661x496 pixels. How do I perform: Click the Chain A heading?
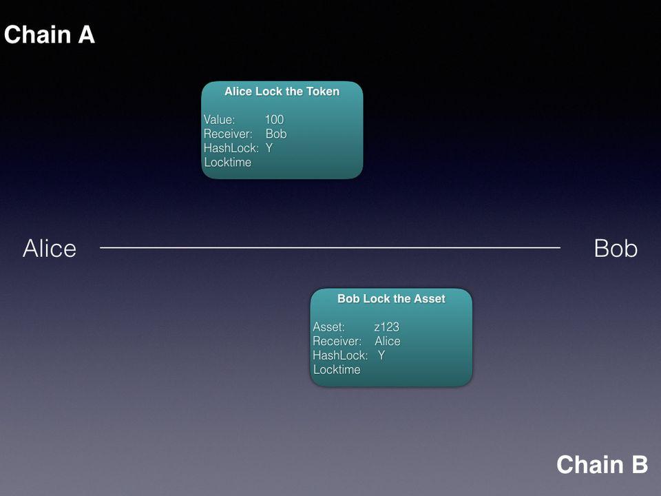point(50,34)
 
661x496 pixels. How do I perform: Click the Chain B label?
point(602,464)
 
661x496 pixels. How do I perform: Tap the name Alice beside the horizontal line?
point(50,248)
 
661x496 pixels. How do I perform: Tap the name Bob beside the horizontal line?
point(616,248)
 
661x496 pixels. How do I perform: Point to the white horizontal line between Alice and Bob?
point(330,247)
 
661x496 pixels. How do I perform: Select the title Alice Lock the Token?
point(282,92)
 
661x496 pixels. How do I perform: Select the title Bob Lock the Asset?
point(391,298)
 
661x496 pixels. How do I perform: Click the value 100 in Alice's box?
point(275,119)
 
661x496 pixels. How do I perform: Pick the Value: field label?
point(219,119)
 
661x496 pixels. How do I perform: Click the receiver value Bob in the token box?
point(276,134)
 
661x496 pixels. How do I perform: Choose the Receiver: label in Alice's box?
point(228,134)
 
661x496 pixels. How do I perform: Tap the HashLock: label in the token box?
point(231,148)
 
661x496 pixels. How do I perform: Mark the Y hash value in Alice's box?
point(269,148)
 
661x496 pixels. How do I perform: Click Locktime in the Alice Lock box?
point(228,163)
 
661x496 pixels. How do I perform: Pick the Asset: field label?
point(328,327)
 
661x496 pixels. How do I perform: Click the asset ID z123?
point(386,327)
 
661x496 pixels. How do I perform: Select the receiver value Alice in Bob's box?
point(388,341)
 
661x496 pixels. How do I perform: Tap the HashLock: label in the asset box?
point(340,355)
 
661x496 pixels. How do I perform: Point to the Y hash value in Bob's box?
point(381,355)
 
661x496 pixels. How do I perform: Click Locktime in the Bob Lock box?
point(337,370)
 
